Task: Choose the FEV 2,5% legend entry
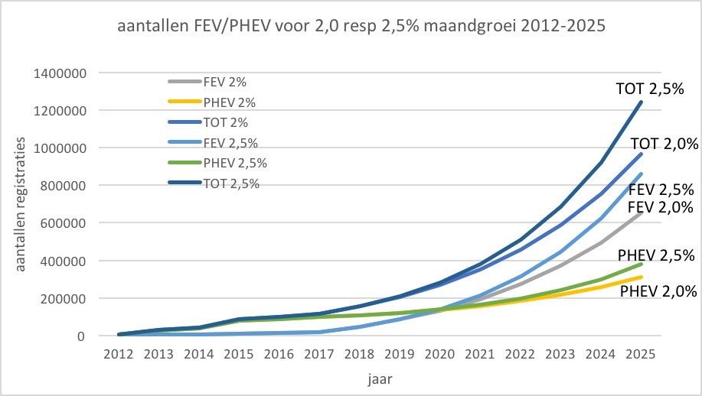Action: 230,143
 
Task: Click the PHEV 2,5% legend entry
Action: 234,163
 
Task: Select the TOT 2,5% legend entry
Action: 230,183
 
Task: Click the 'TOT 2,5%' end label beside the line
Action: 650,89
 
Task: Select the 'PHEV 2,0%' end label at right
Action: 658,291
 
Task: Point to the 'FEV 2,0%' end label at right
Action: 661,207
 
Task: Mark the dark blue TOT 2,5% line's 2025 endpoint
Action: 642,102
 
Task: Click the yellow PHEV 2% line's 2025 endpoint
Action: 642,277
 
